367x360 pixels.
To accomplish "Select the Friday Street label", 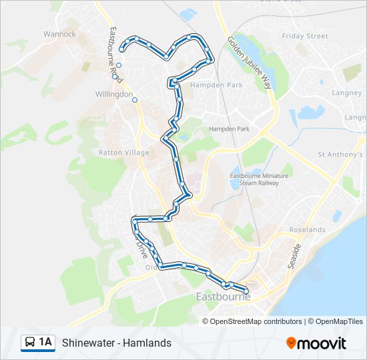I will [x=305, y=36].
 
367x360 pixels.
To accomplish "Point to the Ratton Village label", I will [x=124, y=153].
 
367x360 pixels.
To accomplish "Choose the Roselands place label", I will [x=307, y=229].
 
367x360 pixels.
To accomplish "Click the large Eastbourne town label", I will [x=223, y=297].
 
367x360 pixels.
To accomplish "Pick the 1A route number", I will [x=45, y=343].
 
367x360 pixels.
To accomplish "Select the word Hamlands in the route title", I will [x=149, y=343].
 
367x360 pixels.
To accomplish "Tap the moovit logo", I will [x=316, y=343].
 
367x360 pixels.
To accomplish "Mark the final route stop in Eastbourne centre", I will [x=246, y=291].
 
